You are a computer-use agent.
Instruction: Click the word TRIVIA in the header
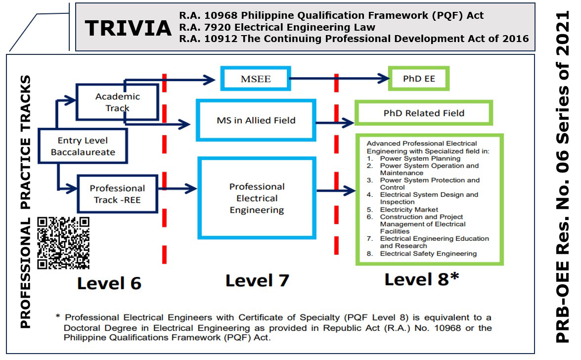[128, 29]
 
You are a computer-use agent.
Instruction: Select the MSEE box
[256, 79]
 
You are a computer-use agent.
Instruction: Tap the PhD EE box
[419, 78]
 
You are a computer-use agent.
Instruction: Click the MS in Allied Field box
[256, 120]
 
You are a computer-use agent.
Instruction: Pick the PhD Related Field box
[424, 113]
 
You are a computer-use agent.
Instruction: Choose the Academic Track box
[117, 102]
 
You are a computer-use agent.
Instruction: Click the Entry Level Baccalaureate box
[83, 146]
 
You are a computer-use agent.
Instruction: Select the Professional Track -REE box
[117, 194]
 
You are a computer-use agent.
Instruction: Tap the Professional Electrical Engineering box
[257, 198]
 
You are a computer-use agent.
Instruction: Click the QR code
[64, 243]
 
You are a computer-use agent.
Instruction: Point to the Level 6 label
[109, 283]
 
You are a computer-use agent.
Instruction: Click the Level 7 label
[257, 281]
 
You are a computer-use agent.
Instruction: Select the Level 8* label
[422, 279]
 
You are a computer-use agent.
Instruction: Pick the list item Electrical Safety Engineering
[428, 254]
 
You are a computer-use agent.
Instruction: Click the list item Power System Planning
[420, 159]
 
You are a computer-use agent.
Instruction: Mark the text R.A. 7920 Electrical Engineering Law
[277, 27]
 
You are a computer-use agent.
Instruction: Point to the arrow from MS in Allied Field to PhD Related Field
[335, 122]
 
